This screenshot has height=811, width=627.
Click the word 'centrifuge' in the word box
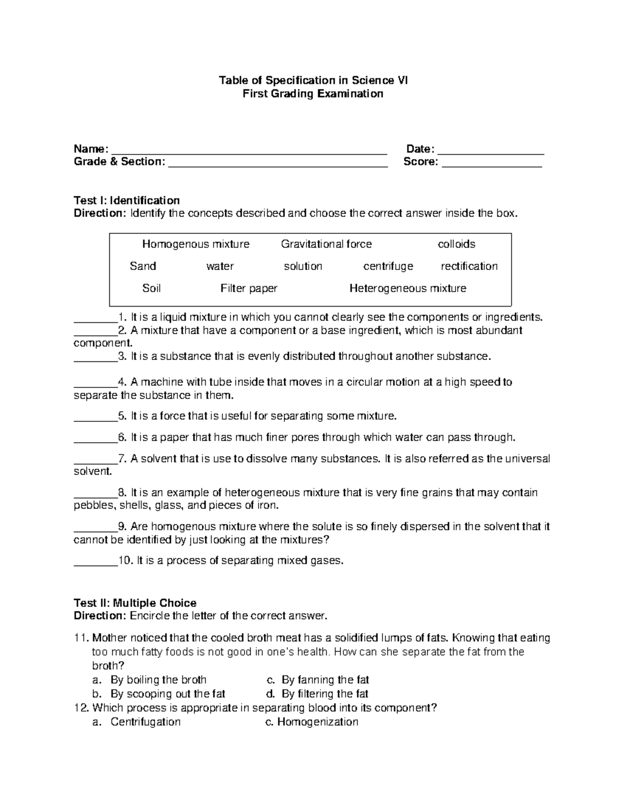coord(388,266)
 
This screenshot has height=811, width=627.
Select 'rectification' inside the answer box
coord(469,266)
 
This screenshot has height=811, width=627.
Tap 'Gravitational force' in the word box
coord(326,244)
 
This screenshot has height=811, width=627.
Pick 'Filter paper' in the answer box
coord(249,288)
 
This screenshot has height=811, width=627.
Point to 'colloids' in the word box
coord(456,244)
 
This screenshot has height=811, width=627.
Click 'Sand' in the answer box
coord(143,266)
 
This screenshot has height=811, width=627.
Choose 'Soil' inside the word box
coord(152,288)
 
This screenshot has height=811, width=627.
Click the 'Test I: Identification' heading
coord(126,201)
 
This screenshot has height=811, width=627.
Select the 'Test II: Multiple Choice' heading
coord(135,603)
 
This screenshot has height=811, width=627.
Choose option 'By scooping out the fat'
coord(167,694)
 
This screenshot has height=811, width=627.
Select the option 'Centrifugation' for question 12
coord(145,722)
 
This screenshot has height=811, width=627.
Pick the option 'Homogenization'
coord(317,722)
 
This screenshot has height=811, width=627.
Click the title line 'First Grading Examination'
coord(313,94)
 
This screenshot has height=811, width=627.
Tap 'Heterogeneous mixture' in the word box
coord(408,288)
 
